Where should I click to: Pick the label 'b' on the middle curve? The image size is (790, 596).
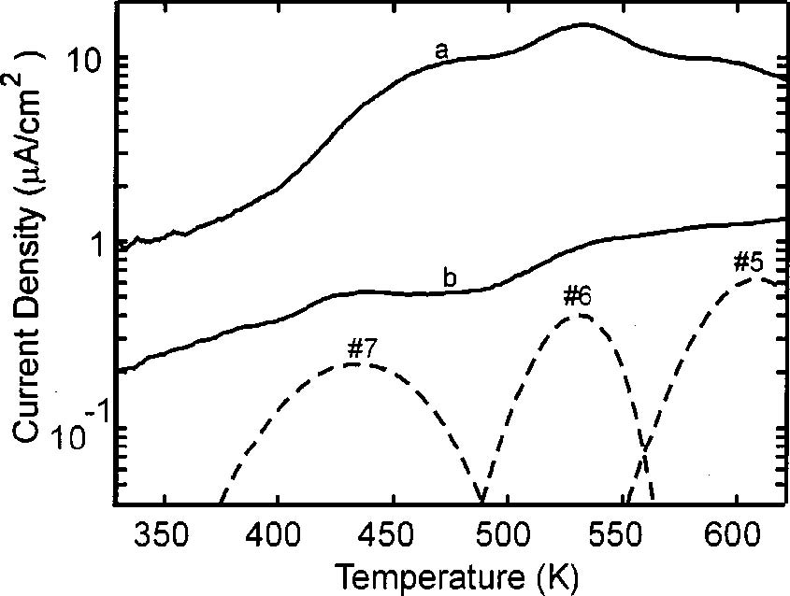pos(450,277)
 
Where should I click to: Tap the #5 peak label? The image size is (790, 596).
pos(751,263)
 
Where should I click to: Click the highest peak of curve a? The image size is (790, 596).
pos(583,25)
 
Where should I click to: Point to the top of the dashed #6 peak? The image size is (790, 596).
pos(580,316)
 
